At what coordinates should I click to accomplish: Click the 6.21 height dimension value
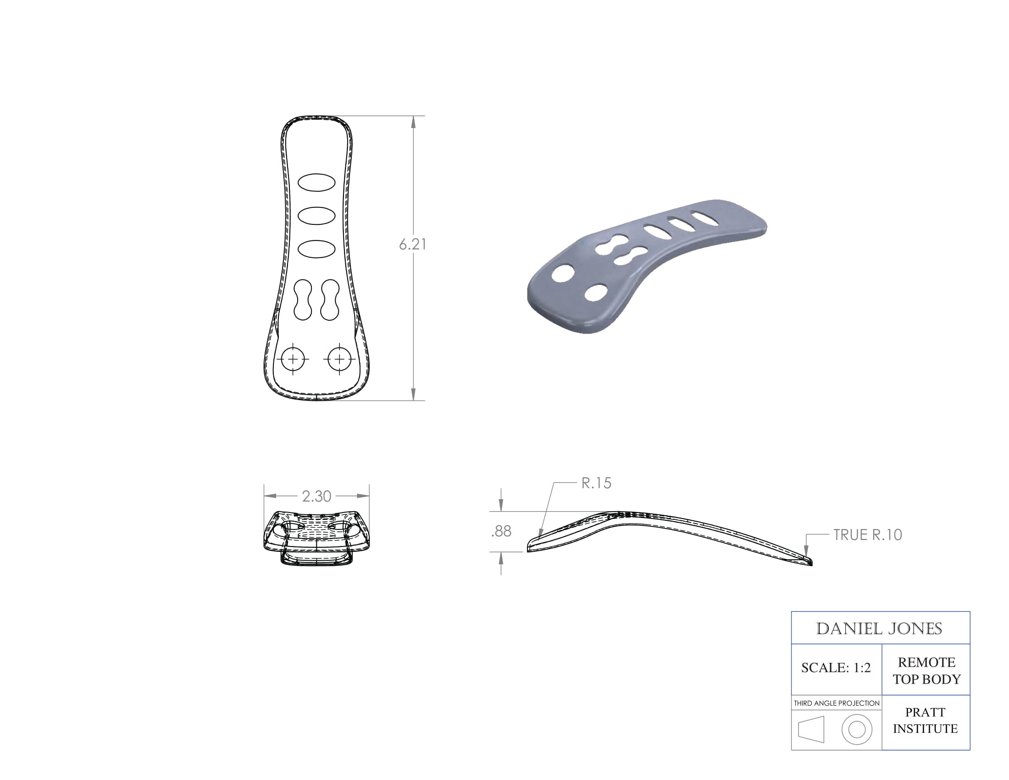pyautogui.click(x=412, y=245)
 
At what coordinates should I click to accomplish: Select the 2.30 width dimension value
pyautogui.click(x=316, y=496)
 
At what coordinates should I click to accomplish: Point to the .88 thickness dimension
pyautogui.click(x=501, y=531)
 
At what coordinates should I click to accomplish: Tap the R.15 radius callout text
pyautogui.click(x=596, y=483)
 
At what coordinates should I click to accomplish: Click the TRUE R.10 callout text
pyautogui.click(x=867, y=535)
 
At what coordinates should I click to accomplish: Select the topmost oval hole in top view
pyautogui.click(x=316, y=183)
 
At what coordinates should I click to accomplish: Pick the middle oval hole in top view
pyautogui.click(x=316, y=215)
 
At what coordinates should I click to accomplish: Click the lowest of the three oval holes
pyautogui.click(x=316, y=249)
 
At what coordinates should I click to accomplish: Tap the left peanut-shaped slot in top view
pyautogui.click(x=303, y=300)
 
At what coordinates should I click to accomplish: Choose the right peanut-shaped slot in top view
pyautogui.click(x=330, y=300)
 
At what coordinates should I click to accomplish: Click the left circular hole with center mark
pyautogui.click(x=293, y=359)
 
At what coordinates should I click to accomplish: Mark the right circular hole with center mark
pyautogui.click(x=339, y=359)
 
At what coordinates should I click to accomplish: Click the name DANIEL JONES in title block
pyautogui.click(x=879, y=629)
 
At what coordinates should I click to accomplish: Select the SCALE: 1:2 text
pyautogui.click(x=836, y=668)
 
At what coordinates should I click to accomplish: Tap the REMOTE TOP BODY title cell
pyautogui.click(x=926, y=670)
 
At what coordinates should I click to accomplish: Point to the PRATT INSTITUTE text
pyautogui.click(x=926, y=720)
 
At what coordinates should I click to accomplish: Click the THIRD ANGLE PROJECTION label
pyautogui.click(x=837, y=703)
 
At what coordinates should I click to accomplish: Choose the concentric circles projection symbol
pyautogui.click(x=857, y=730)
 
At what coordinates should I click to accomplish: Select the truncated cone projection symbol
pyautogui.click(x=811, y=730)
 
